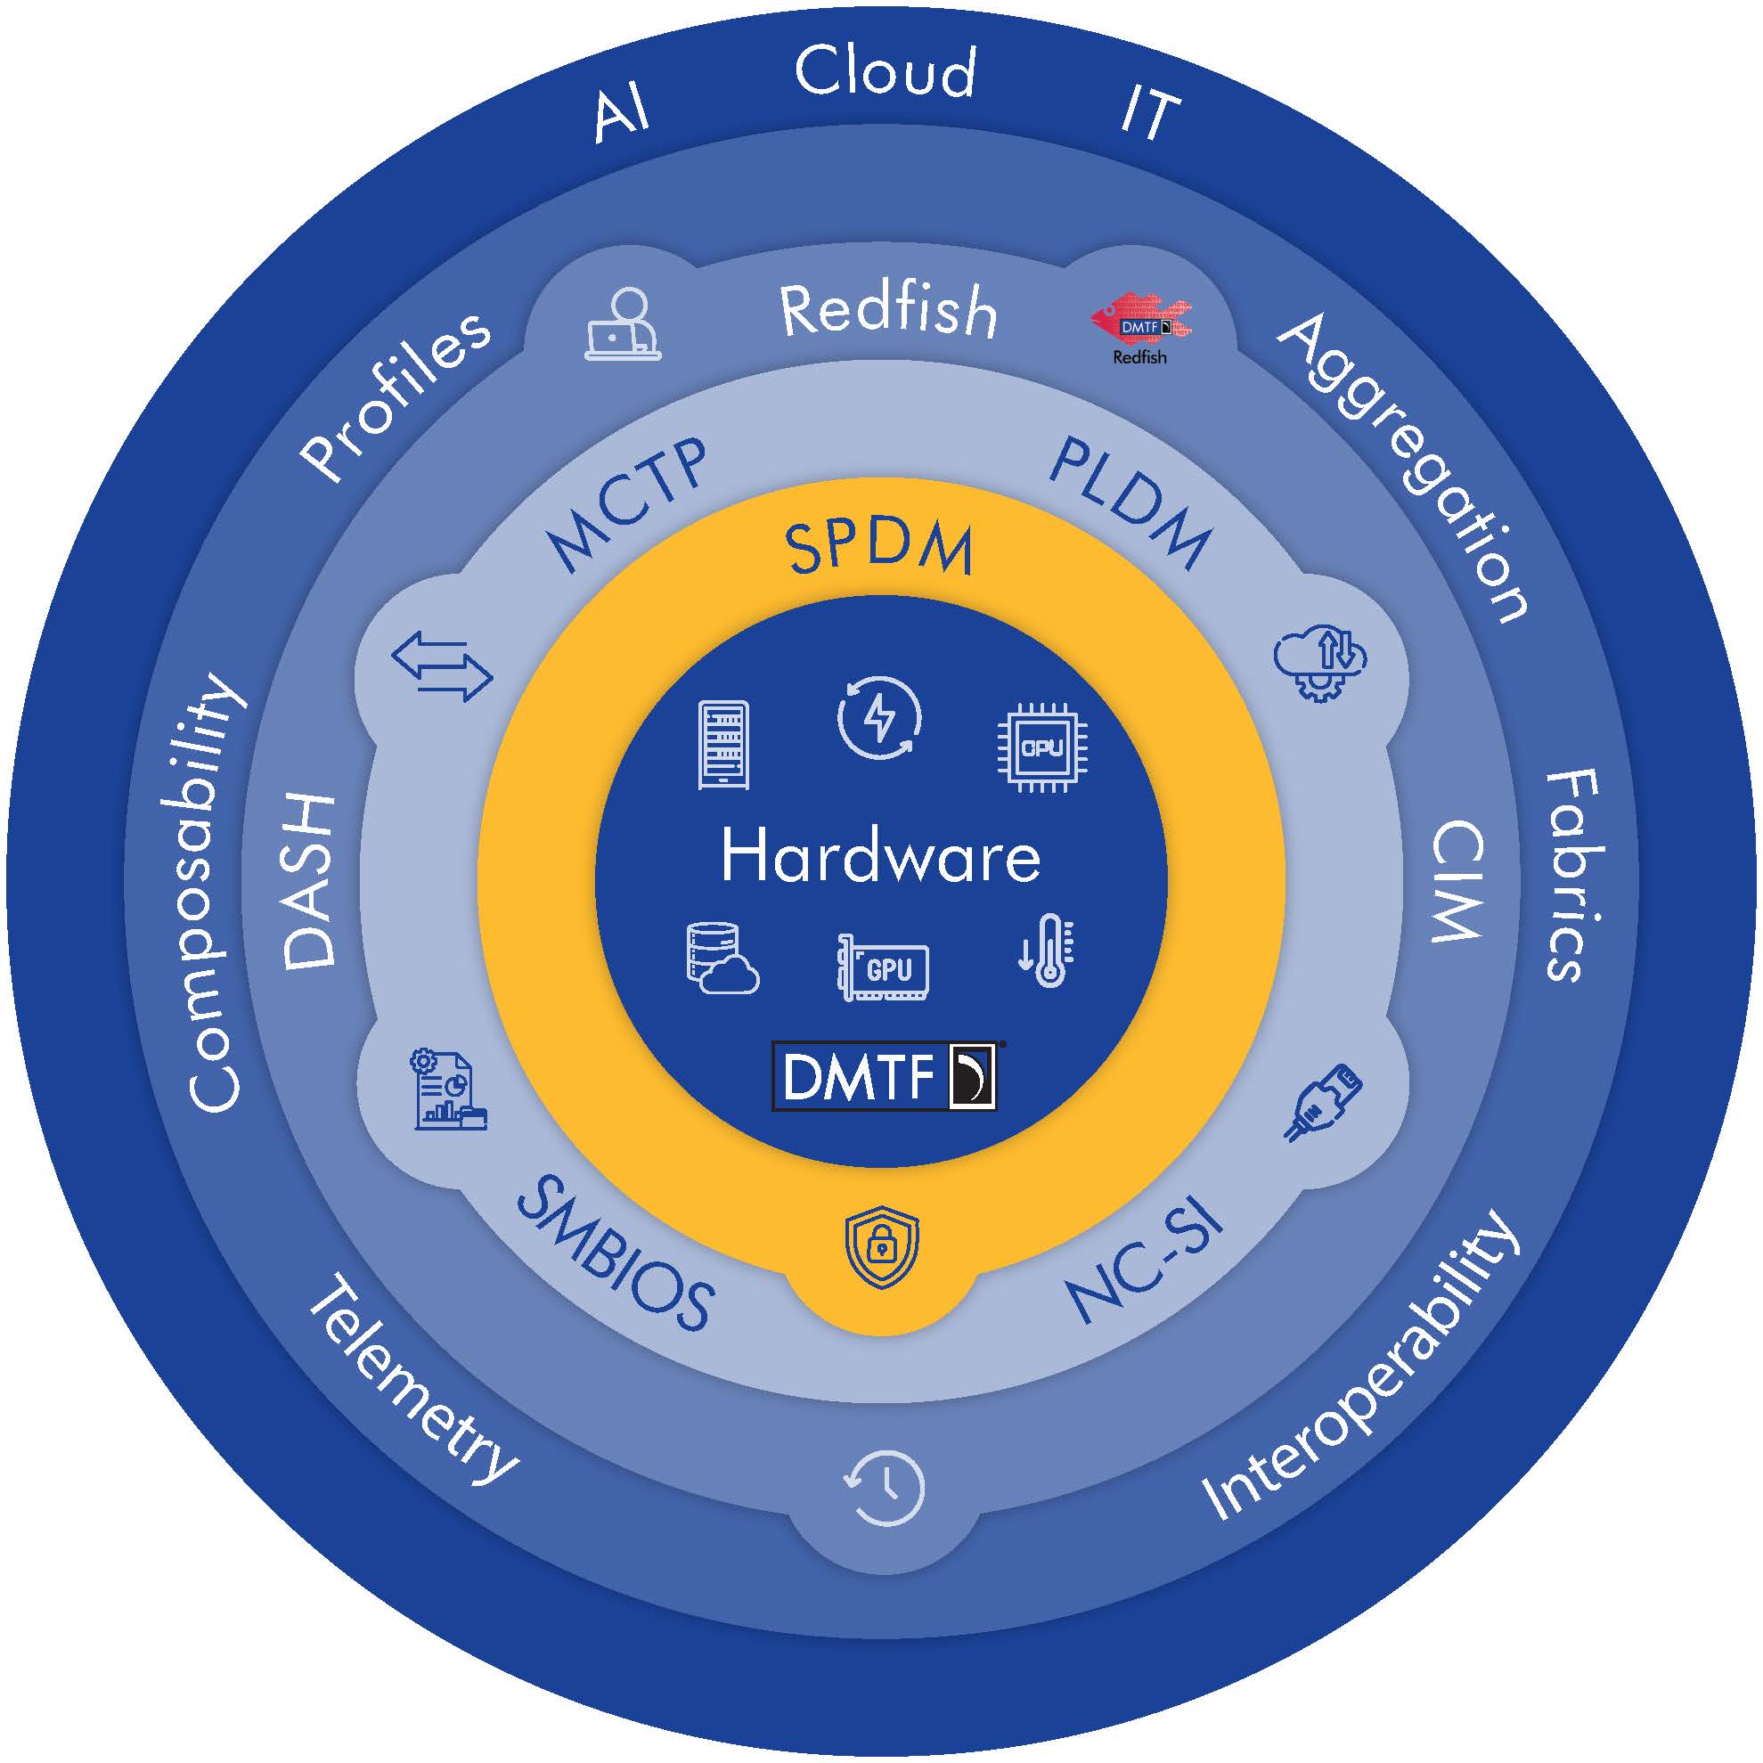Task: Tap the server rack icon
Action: coord(723,745)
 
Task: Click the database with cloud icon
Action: coord(721,958)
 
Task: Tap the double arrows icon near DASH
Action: coord(443,666)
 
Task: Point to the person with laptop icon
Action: coord(624,326)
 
